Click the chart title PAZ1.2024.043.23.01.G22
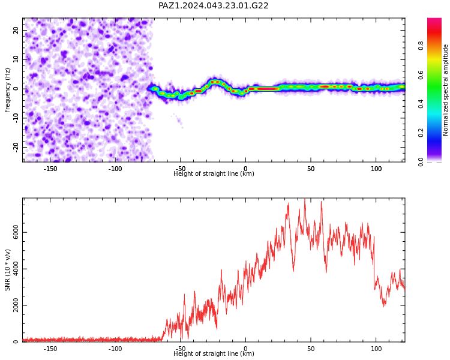point(213,5)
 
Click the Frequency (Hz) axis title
point(7,90)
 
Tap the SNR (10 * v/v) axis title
point(7,270)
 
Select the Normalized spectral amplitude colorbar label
point(445,90)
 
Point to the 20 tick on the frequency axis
point(16,30)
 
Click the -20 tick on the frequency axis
point(16,148)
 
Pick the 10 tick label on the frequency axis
point(16,59)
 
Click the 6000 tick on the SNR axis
point(16,232)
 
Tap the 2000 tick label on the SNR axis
point(16,305)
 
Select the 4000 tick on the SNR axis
point(16,269)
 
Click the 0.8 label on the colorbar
point(421,46)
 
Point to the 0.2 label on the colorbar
point(421,133)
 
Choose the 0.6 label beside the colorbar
point(421,74)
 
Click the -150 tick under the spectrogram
point(50,169)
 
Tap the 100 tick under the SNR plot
point(376,349)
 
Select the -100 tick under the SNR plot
point(115,349)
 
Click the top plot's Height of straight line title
point(214,173)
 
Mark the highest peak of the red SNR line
point(305,199)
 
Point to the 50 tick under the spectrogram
point(311,169)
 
